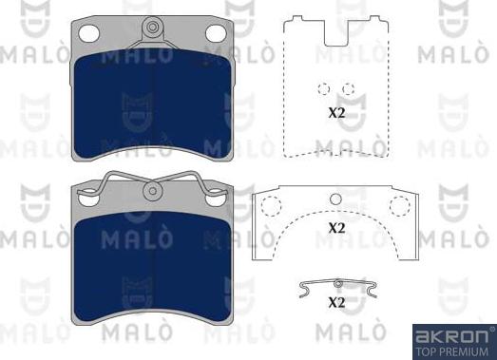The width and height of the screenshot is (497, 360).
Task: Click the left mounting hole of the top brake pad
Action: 88,33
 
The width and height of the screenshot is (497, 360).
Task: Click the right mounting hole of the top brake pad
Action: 216,33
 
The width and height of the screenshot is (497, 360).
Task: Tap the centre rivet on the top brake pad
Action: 152,27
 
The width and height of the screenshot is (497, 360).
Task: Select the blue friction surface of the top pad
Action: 152,104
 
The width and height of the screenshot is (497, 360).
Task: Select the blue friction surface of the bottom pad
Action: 152,266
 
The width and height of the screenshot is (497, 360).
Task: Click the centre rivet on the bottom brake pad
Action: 152,191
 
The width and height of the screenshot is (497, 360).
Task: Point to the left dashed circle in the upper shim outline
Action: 324,89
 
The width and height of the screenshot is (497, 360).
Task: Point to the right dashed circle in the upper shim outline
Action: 349,89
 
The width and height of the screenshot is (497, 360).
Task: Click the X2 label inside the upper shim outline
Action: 336,113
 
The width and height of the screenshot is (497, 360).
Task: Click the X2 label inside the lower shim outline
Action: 336,228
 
